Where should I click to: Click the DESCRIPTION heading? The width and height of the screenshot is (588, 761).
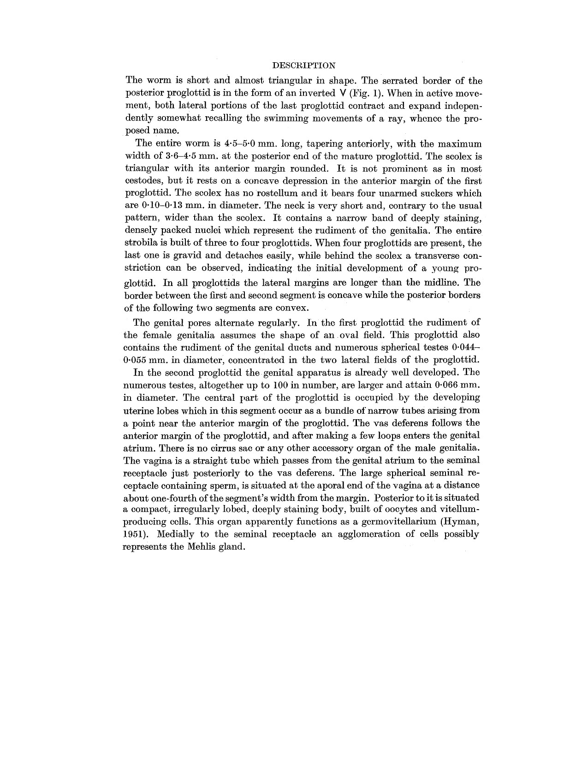(304, 65)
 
